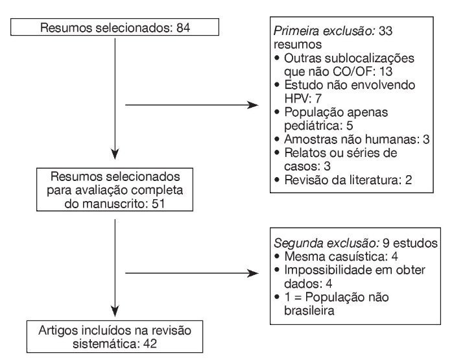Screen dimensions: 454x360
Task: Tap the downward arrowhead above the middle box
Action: [x=115, y=156]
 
